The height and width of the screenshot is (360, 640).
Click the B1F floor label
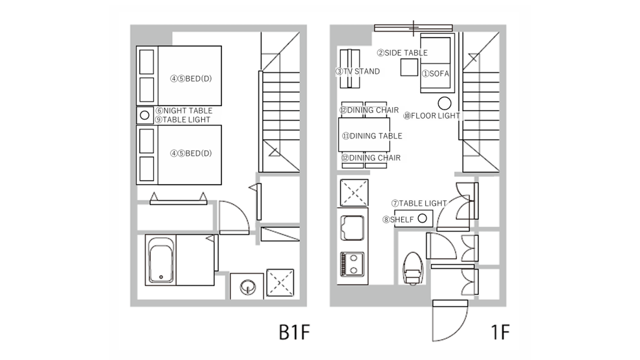pyautogui.click(x=294, y=332)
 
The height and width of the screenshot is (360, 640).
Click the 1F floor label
pyautogui.click(x=500, y=332)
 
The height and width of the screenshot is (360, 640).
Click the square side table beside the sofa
pyautogui.click(x=409, y=67)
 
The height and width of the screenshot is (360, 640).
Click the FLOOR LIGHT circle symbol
pyautogui.click(x=444, y=103)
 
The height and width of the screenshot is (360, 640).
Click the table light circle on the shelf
pyautogui.click(x=422, y=218)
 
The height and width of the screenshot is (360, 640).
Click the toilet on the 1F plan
pyautogui.click(x=413, y=268)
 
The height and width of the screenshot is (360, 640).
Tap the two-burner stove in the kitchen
pyautogui.click(x=352, y=264)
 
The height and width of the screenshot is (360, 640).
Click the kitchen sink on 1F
pyautogui.click(x=352, y=228)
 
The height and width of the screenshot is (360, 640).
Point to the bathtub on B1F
pyautogui.click(x=161, y=260)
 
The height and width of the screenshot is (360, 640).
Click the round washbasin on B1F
pyautogui.click(x=247, y=287)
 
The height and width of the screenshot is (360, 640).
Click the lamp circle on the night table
pyautogui.click(x=144, y=115)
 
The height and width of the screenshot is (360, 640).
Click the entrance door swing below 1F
pyautogui.click(x=450, y=320)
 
